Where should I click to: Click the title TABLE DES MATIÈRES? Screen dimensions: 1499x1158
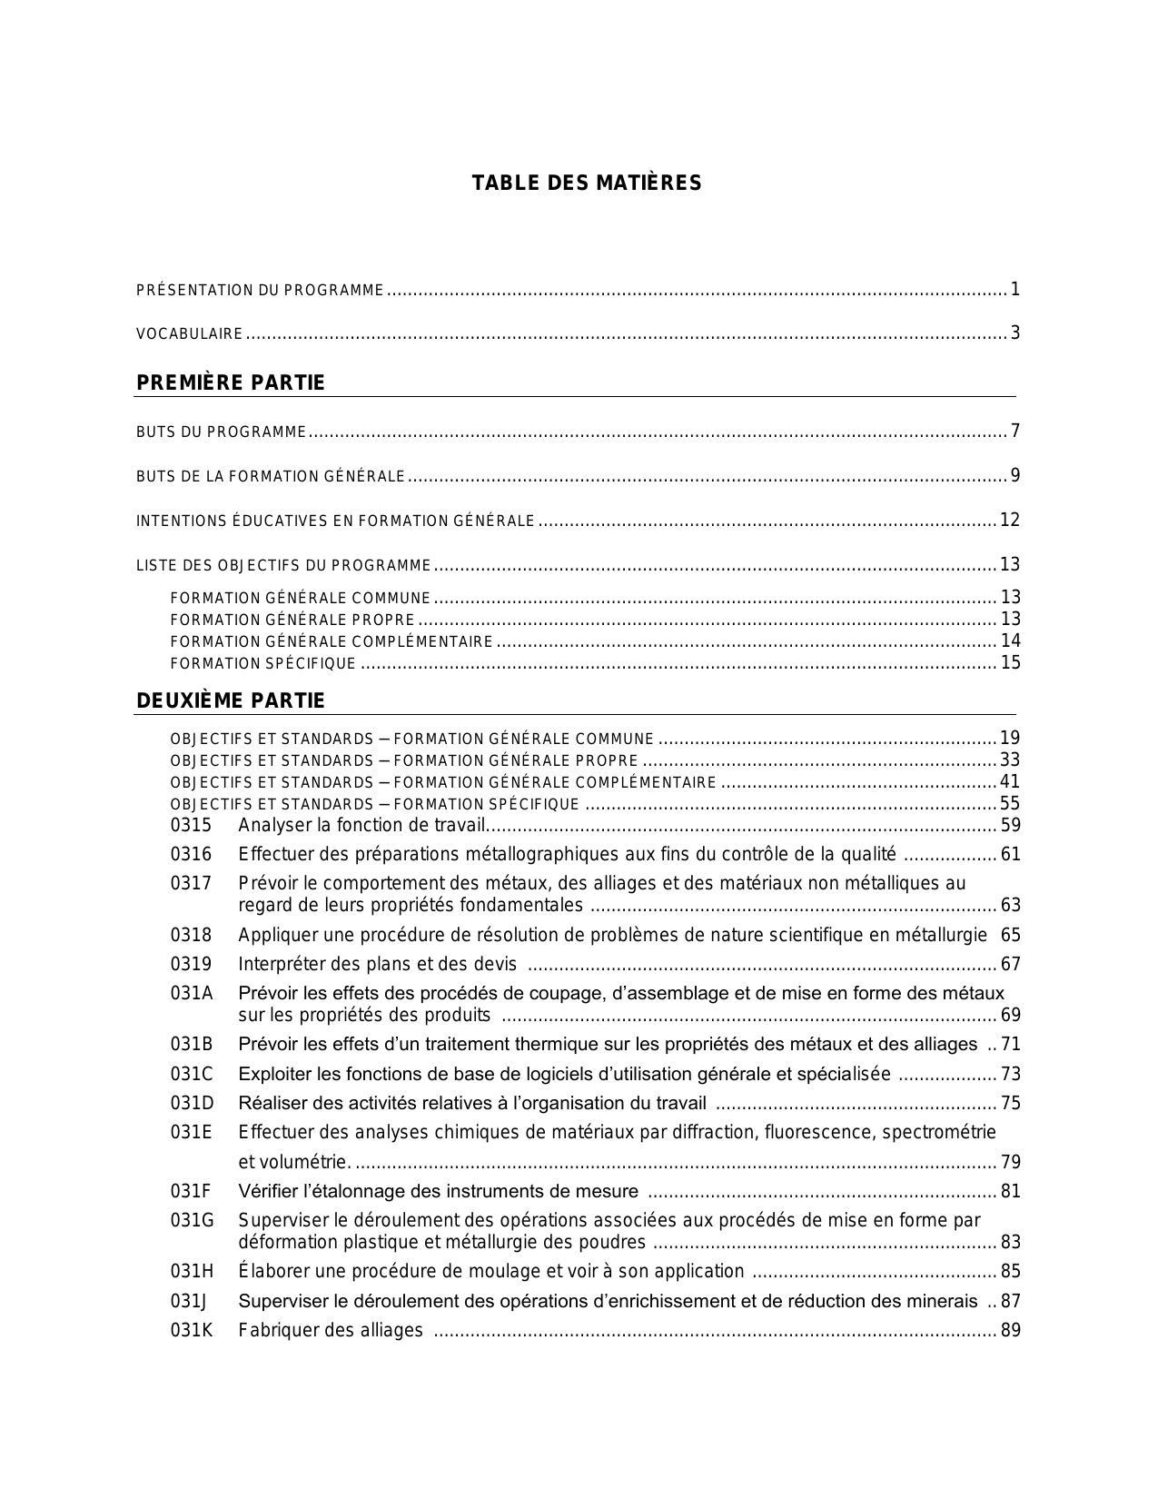click(586, 184)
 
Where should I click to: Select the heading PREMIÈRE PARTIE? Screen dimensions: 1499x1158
click(230, 382)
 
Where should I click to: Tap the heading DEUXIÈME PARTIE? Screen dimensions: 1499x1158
click(230, 700)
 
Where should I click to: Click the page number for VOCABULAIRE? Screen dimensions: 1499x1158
click(1015, 333)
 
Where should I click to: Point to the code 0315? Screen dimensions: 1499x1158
click(191, 825)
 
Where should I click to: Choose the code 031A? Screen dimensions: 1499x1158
click(192, 993)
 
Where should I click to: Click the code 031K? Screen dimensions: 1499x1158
click(192, 1330)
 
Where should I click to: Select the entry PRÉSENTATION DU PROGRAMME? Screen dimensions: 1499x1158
click(260, 291)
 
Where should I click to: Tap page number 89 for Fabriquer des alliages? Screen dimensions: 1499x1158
click(1010, 1330)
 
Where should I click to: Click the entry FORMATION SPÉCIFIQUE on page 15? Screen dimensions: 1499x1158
click(263, 664)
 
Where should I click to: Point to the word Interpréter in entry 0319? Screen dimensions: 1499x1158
click(279, 964)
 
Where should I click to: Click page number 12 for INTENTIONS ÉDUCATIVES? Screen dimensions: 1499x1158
click(1010, 521)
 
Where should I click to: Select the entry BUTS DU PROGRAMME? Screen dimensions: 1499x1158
click(221, 432)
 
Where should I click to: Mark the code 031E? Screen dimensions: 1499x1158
click(191, 1132)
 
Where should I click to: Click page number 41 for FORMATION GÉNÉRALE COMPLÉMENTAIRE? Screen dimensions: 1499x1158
click(1010, 781)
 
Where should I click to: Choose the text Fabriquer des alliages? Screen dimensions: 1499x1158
click(331, 1330)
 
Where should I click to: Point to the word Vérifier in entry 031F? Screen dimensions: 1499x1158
click(269, 1191)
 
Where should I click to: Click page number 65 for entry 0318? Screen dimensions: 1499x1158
click(1010, 935)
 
